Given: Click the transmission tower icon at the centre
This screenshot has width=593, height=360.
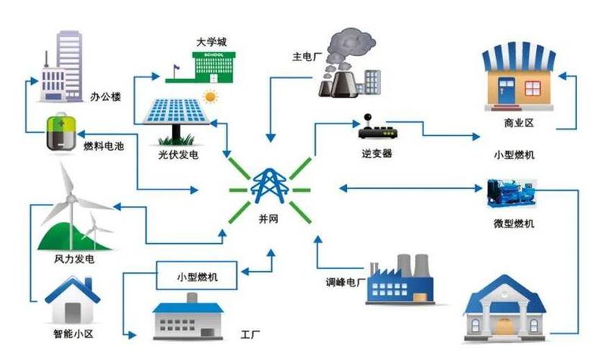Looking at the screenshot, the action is point(270,186).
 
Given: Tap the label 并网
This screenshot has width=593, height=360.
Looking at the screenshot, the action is point(269,219).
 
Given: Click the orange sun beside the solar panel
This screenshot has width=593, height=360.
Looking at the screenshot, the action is point(211,96).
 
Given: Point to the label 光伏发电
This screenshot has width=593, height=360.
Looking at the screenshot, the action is point(179,155).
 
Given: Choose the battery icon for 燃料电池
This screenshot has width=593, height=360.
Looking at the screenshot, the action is point(61,133).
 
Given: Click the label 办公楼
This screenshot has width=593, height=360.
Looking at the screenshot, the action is point(105,97).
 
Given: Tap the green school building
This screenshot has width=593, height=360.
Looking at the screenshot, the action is point(214,67).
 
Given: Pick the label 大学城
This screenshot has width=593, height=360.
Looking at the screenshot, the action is point(212,42).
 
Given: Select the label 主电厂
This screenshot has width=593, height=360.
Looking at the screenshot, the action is point(307,57).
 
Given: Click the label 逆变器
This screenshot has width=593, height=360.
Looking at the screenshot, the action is point(376,153).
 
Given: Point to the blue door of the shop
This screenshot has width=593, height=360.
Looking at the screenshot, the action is point(506,91).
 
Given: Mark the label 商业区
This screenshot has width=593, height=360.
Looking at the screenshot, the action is point(519,123).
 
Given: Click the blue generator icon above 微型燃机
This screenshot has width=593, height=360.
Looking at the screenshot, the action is point(511,193).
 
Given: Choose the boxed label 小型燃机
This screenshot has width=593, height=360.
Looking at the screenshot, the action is point(197,277).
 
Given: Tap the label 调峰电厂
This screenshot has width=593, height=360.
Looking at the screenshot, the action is point(345,283).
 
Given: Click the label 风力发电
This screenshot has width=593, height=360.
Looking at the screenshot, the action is point(74,259).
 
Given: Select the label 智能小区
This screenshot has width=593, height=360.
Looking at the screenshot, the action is point(73,334).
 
